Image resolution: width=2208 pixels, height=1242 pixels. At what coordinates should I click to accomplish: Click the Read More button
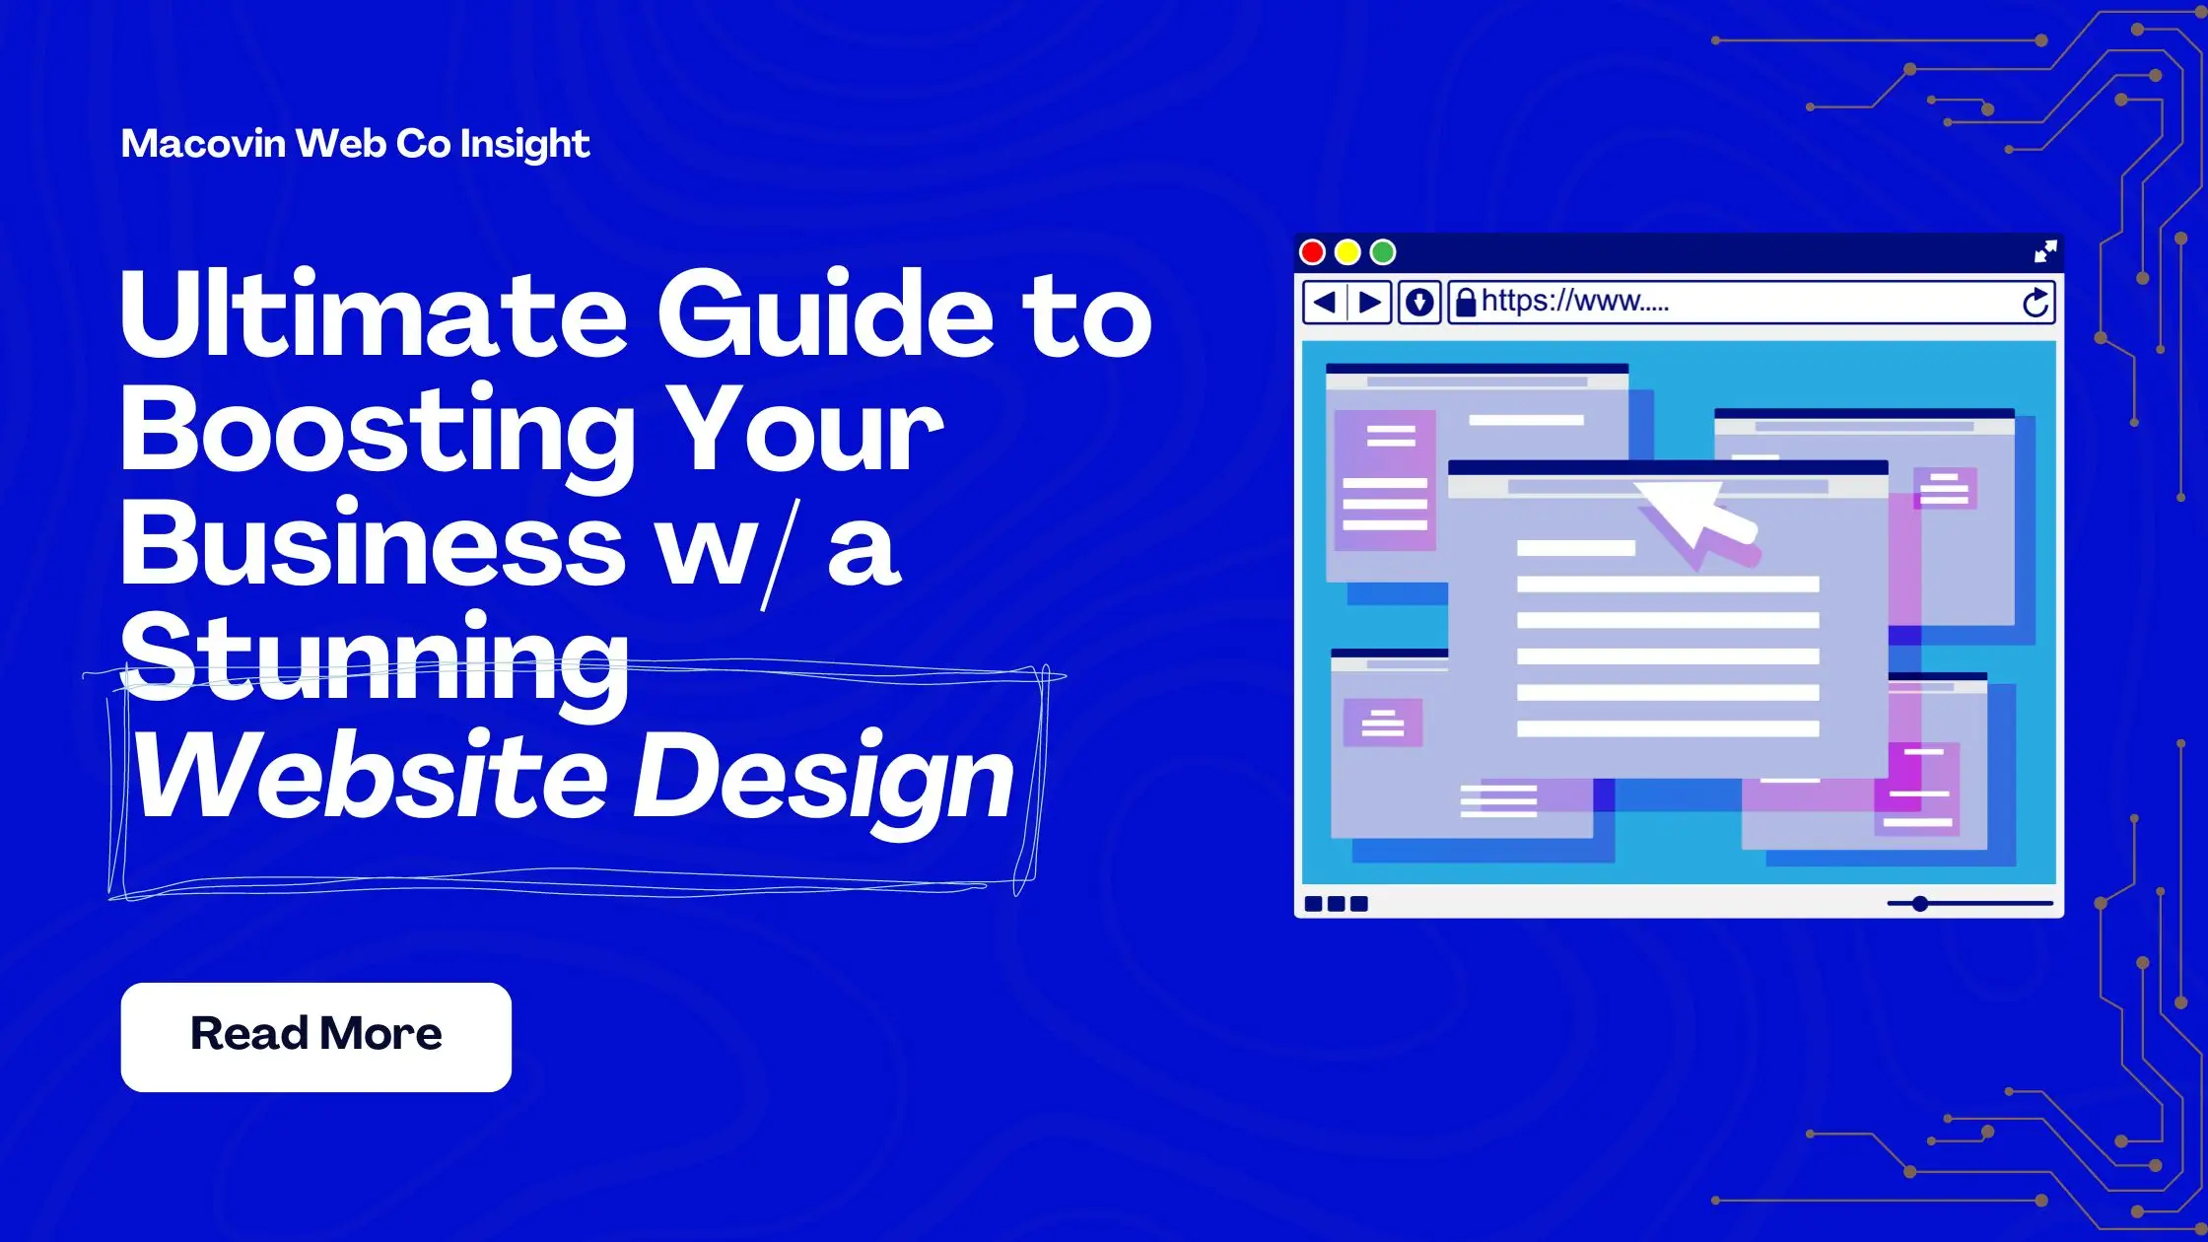click(x=315, y=1036)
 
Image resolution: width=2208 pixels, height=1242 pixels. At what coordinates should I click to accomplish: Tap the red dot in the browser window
click(x=1312, y=252)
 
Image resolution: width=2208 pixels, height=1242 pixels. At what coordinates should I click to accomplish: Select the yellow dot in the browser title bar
click(x=1347, y=252)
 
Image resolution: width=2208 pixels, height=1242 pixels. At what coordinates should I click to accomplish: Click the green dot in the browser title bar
click(x=1383, y=252)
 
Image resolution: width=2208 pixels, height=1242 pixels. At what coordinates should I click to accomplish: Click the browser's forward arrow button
click(x=1370, y=302)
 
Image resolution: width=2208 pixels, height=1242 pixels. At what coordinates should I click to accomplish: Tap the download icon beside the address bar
click(x=1419, y=302)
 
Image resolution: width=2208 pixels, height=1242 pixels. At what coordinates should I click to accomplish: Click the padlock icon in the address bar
click(x=1466, y=302)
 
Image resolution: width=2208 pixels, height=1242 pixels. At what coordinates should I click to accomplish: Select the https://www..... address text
click(x=1574, y=301)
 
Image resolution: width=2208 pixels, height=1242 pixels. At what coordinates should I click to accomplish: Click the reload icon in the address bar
click(x=2035, y=303)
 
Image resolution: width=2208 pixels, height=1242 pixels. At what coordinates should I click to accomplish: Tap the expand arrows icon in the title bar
click(x=2045, y=251)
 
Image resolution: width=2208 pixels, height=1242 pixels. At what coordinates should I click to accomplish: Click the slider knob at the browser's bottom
click(x=1920, y=903)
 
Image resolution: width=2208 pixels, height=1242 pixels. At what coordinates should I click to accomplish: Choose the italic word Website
click(x=371, y=776)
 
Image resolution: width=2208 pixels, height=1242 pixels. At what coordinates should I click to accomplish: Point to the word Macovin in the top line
click(x=203, y=144)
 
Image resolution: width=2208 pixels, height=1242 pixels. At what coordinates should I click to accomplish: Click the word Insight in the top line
click(x=524, y=145)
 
